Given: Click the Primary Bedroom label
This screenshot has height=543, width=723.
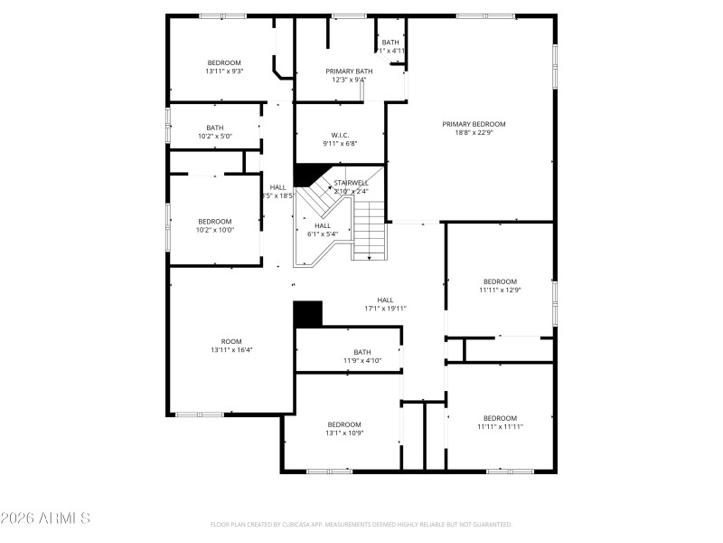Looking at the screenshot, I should pos(474,124).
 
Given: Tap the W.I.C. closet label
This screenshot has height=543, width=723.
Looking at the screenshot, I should pos(340,135).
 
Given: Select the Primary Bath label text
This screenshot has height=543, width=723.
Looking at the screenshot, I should pos(349,71).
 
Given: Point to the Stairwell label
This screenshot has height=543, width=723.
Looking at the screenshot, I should pos(351,183).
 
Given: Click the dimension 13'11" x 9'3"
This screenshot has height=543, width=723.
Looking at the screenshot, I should pos(224,71).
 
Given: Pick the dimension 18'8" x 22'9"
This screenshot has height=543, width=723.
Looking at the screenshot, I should pos(474,133).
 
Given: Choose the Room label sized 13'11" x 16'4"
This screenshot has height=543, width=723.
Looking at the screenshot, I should pos(231,341).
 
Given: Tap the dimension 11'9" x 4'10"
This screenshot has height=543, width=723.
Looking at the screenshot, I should pos(361,361).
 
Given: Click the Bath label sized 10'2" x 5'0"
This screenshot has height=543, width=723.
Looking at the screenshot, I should pos(214,128).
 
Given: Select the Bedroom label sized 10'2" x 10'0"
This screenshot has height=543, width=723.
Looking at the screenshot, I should pos(215,221).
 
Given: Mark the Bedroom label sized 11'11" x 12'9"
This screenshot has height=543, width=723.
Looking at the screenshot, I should pos(500,281).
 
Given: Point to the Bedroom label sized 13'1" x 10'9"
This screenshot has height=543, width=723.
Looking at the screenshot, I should pos(344,424).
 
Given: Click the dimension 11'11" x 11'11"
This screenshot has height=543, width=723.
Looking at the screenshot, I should pos(500,427).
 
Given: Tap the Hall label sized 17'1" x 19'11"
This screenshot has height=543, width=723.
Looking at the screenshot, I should pos(385,300).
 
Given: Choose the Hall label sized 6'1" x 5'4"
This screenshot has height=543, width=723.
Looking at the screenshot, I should pos(323,225).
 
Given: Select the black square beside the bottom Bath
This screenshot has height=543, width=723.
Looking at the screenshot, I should pos(308,313).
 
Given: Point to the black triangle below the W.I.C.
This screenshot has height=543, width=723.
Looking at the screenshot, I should pos(308,174).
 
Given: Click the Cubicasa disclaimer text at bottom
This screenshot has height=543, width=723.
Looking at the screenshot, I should pos(361,525).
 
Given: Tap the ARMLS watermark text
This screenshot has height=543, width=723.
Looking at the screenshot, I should pos(45,519).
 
